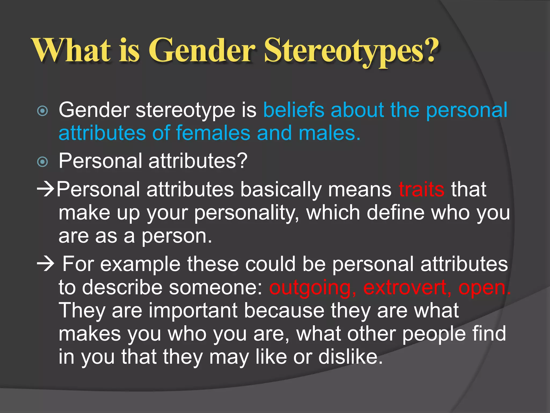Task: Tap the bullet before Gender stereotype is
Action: (42, 111)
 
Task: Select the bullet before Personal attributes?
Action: (42, 162)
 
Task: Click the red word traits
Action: (421, 190)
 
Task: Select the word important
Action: (193, 311)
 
